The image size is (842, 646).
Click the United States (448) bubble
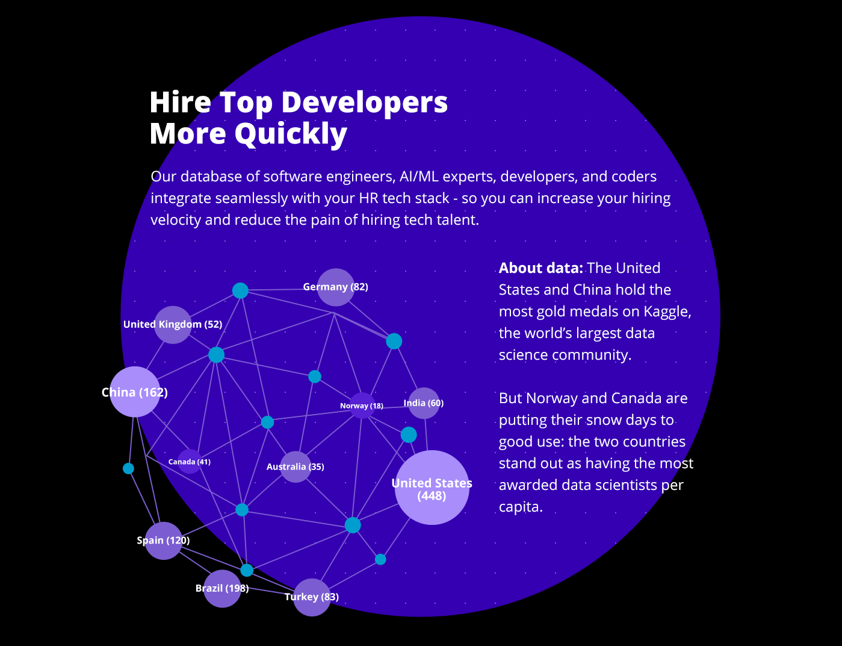tap(432, 488)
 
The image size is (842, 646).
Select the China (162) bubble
tap(135, 392)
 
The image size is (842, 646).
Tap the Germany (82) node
tap(335, 287)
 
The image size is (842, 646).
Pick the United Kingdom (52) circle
tap(173, 325)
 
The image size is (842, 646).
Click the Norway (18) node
tap(362, 406)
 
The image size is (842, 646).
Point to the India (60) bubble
tap(424, 403)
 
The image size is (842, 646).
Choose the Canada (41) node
tap(189, 462)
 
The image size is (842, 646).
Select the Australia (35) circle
tap(296, 466)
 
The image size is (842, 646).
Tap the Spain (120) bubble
tap(163, 541)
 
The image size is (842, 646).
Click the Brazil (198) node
tap(222, 588)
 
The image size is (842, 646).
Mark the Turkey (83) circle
tap(312, 597)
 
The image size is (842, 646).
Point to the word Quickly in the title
tap(291, 134)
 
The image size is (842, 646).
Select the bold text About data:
tap(540, 268)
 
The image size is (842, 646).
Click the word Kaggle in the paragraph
tap(666, 312)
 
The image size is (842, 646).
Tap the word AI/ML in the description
tap(418, 177)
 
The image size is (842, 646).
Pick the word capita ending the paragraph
tap(519, 507)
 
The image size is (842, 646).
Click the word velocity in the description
tap(176, 220)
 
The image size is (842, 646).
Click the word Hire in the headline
tap(179, 102)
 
